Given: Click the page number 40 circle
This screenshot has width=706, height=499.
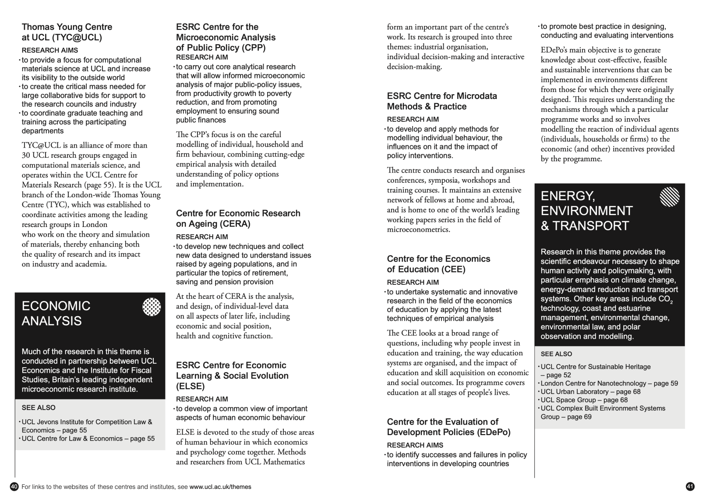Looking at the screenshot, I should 14,487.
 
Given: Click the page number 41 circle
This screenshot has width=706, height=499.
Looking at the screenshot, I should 690,487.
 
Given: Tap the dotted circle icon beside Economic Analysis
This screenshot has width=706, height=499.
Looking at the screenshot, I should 152,307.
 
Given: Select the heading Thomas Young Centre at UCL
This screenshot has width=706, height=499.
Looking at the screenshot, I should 67,32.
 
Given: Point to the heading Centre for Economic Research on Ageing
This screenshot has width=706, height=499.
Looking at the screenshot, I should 238,219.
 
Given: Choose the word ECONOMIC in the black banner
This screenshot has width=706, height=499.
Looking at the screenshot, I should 56,306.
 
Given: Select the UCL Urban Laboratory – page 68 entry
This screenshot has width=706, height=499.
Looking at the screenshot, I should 590,392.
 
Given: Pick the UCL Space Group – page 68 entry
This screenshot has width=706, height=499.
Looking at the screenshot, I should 584,400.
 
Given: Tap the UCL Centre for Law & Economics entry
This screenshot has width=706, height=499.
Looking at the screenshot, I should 88,439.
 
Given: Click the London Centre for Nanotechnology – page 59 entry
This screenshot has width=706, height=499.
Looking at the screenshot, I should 609,383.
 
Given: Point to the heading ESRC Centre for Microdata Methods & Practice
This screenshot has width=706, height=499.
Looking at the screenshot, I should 442,101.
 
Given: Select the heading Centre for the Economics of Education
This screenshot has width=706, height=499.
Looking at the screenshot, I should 438,264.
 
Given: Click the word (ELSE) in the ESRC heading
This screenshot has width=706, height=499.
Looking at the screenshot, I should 191,386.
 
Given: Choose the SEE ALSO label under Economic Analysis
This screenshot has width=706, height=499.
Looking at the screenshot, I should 39,407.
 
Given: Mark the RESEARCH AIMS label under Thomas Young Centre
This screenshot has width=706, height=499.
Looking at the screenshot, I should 50,50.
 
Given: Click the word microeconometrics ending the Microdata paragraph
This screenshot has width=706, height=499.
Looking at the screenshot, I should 418,230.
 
